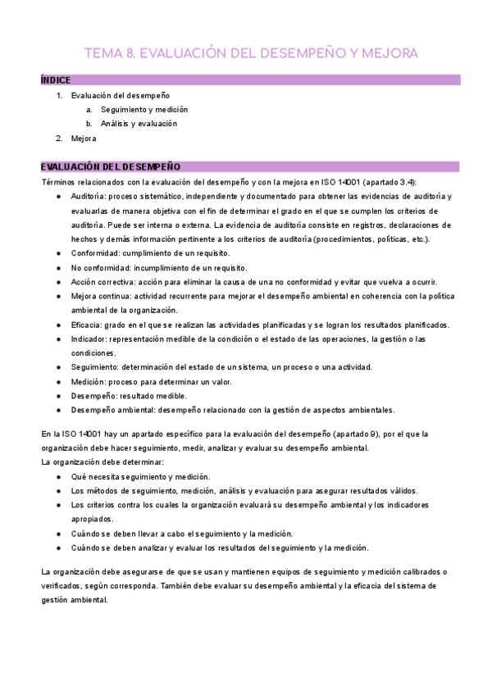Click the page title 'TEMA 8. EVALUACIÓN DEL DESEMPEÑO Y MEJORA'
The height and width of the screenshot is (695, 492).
click(251, 53)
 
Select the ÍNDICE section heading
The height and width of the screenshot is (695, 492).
click(56, 80)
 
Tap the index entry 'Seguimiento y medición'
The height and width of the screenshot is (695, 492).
click(144, 109)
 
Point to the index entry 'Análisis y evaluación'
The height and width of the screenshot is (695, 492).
click(139, 124)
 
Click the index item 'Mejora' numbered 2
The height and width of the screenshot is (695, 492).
click(84, 139)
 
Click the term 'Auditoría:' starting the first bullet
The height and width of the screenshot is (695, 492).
click(89, 197)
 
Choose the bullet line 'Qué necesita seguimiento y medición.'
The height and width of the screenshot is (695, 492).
click(140, 476)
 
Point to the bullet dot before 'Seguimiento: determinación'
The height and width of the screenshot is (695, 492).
click(58, 367)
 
